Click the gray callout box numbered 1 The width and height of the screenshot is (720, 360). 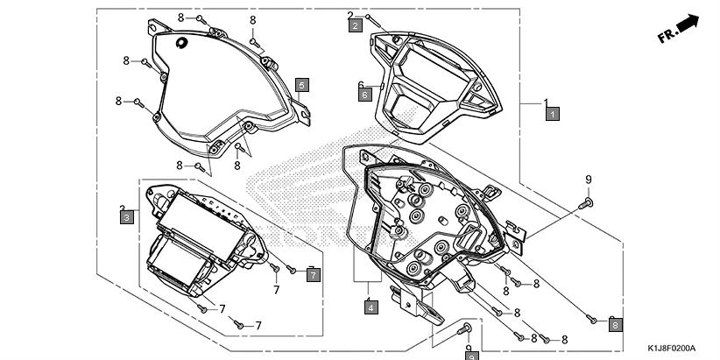coord(552,113)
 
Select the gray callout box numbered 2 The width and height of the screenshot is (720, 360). coord(355,26)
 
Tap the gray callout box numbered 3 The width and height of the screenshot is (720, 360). coord(126,216)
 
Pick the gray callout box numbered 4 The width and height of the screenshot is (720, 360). coord(371,307)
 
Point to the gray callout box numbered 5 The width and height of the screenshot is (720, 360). coord(301,85)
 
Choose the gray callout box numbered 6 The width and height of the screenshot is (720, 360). coord(365,95)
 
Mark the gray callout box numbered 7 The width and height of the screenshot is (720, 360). coord(314,275)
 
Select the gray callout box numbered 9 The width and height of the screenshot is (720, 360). coord(470,356)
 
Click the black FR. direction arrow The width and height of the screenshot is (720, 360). coord(689,24)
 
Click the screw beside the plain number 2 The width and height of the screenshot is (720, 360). coord(372,18)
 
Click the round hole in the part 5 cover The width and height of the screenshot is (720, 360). coord(181,44)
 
